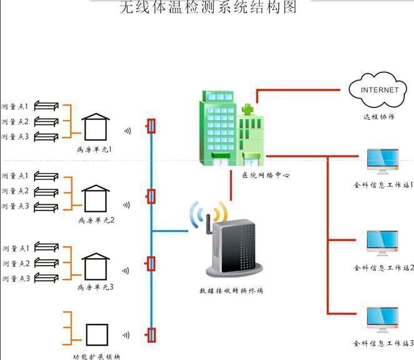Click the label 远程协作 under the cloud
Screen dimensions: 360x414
click(378, 116)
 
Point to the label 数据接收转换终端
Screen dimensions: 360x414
click(231, 291)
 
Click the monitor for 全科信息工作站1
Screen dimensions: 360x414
click(382, 161)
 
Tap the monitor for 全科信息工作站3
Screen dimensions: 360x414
click(382, 319)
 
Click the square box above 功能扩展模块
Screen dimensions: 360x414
click(97, 334)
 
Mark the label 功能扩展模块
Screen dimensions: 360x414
click(96, 357)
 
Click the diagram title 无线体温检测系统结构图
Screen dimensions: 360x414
click(207, 7)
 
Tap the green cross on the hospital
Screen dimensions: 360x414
click(248, 110)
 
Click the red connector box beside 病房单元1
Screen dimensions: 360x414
click(150, 127)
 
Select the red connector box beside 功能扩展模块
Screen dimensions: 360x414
click(150, 334)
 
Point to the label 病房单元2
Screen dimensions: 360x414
click(96, 220)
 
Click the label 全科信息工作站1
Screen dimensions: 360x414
click(383, 186)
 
